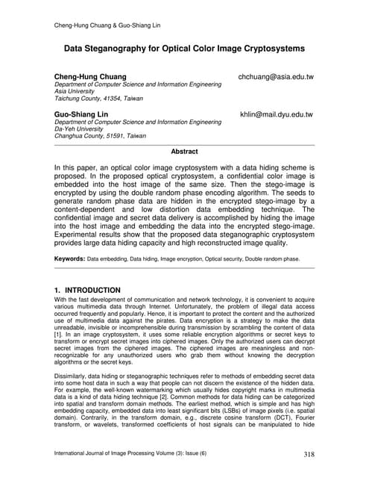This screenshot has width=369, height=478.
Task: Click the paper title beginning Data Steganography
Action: coord(184,49)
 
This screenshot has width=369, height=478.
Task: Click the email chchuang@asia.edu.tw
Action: coord(275,77)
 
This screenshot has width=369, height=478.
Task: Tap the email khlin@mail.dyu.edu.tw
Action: coord(276,114)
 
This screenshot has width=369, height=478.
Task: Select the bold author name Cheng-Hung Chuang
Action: coord(90,77)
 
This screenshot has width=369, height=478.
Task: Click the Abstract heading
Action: coord(184,151)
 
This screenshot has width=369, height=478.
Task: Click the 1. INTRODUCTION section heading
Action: coord(87,289)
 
